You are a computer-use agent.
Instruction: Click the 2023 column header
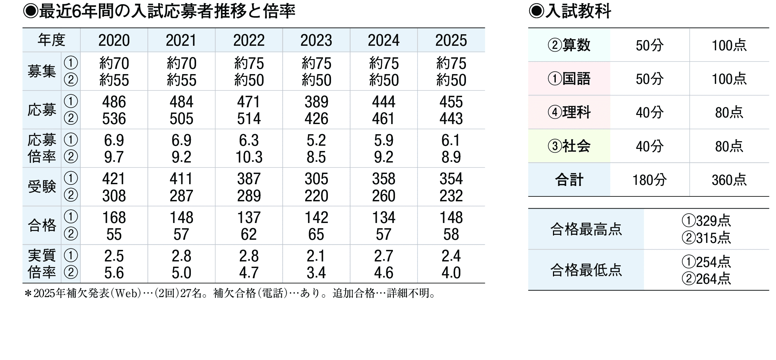coord(316,41)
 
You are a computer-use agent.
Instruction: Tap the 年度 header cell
coord(51,40)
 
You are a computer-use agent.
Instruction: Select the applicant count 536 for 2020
coord(114,119)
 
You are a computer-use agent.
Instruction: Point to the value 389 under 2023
coord(316,102)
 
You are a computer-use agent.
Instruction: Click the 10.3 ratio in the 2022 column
coord(249,157)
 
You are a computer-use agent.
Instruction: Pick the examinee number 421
coord(114,179)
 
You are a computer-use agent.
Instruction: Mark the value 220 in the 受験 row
coord(316,196)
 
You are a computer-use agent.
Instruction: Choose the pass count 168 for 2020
coord(114,217)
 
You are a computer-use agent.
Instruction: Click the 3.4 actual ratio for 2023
coord(316,273)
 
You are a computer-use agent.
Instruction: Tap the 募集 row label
coord(42,72)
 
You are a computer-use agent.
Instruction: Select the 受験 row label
coord(42,187)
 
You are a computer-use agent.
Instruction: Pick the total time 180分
coord(649,180)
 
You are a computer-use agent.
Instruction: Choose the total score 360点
coord(729,180)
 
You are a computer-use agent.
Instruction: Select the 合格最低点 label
coord(586,270)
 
